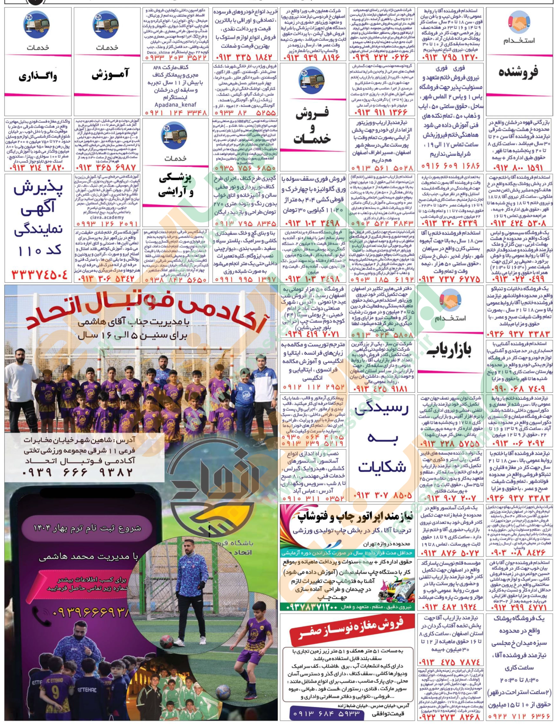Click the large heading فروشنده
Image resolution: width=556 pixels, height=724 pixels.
click(519, 72)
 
